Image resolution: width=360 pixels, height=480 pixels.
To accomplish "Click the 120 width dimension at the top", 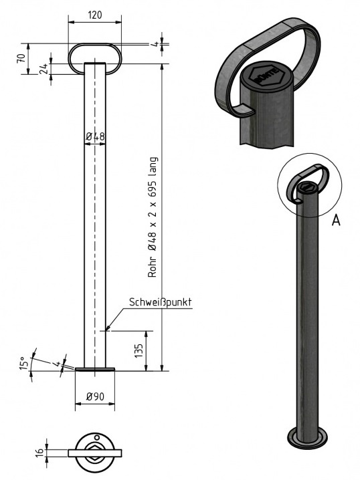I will [x=94, y=15].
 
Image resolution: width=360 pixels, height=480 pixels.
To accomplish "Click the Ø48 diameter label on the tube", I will [x=96, y=137].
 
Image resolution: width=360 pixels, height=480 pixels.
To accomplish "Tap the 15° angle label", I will [x=24, y=364].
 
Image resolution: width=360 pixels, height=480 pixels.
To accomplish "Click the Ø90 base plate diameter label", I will [x=94, y=397].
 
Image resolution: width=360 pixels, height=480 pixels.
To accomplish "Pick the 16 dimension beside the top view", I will [x=39, y=453].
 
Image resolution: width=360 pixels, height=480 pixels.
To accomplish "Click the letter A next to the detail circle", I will [x=336, y=220].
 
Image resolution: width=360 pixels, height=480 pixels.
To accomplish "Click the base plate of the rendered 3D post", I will [x=307, y=438].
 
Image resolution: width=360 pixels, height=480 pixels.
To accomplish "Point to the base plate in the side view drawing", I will [x=94, y=368].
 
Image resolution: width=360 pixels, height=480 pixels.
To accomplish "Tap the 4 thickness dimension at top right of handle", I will [x=153, y=45].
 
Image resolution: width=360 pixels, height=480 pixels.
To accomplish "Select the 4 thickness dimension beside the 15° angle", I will [x=58, y=364].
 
